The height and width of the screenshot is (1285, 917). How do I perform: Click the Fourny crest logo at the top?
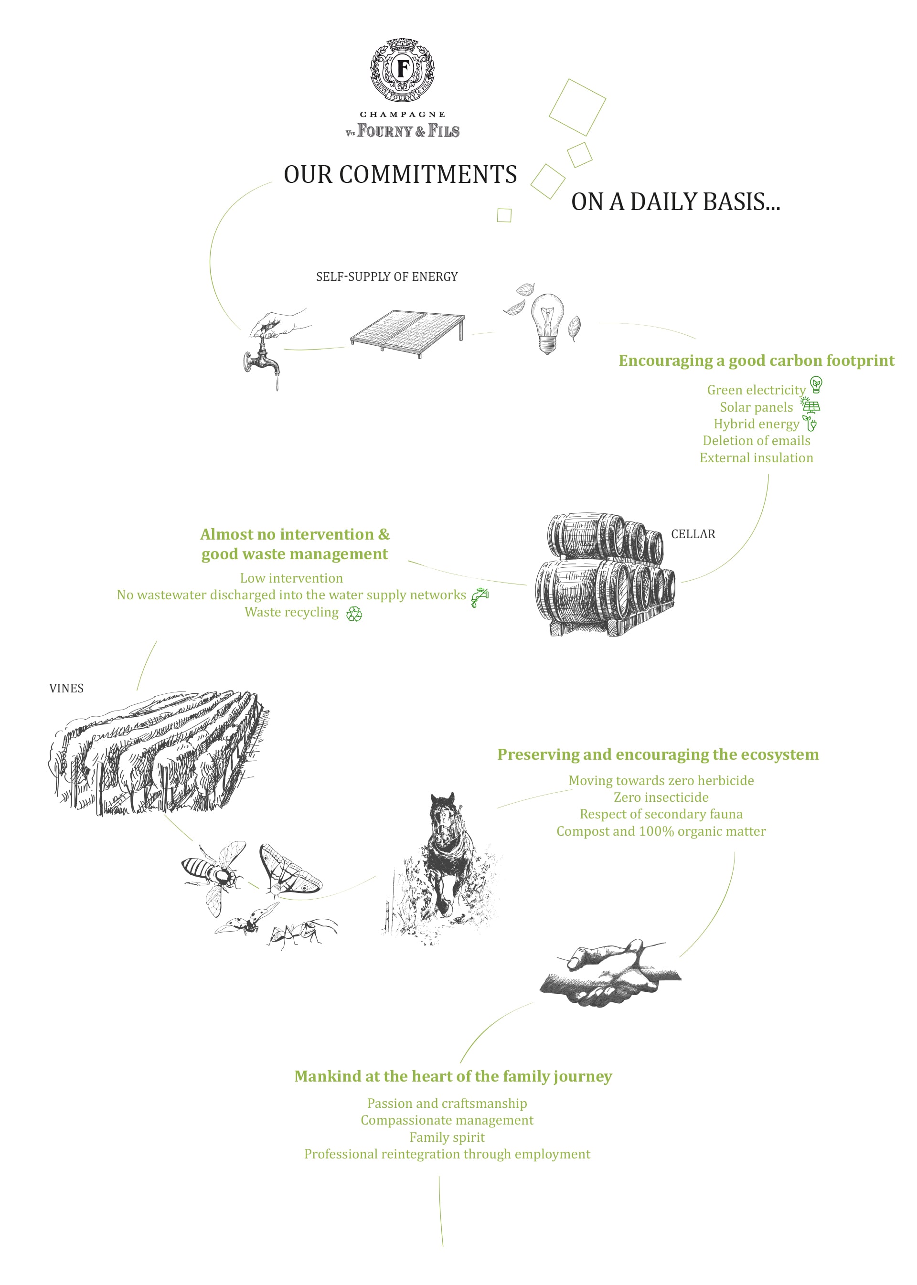tap(402, 70)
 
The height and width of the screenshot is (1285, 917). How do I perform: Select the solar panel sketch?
tap(407, 333)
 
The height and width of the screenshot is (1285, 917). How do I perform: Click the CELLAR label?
tap(693, 534)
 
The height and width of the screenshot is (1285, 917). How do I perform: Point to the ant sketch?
tap(303, 932)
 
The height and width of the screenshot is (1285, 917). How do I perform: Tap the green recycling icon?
tap(354, 614)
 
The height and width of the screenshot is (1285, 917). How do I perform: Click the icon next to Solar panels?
tap(810, 406)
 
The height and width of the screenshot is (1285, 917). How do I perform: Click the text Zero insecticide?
tap(661, 797)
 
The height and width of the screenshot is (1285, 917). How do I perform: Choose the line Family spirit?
tap(447, 1137)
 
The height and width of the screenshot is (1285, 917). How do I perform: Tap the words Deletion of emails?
tap(756, 440)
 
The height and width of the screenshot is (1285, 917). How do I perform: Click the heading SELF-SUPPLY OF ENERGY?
tap(387, 276)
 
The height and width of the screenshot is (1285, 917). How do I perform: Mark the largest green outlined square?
tap(577, 107)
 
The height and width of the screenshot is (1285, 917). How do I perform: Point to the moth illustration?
tap(289, 870)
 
